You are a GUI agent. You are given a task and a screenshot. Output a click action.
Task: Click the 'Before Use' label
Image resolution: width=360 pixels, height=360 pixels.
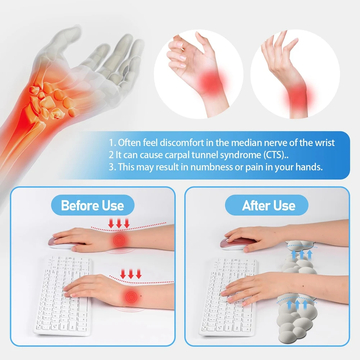coord(92,206)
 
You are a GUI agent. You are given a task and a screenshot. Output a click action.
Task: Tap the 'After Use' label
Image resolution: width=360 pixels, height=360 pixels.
coord(269,206)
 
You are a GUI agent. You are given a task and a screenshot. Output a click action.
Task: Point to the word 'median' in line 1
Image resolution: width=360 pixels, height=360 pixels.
coord(244,142)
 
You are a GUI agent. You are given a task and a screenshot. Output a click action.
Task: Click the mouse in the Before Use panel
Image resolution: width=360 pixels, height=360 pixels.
coord(63,244)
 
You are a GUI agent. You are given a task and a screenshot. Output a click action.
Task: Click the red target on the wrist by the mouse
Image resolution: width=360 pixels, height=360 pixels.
coord(119,240)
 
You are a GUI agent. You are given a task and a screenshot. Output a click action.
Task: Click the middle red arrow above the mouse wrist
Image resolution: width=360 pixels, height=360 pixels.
coord(119,223)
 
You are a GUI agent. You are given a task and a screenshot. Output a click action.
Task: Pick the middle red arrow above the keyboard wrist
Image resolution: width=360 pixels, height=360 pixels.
coord(131,274)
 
